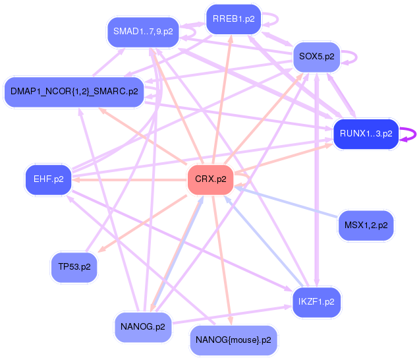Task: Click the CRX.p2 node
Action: click(x=211, y=179)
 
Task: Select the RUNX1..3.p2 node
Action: click(x=366, y=134)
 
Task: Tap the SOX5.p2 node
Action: click(x=316, y=57)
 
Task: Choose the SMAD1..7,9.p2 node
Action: click(x=143, y=31)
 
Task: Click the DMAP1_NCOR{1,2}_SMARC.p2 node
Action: click(x=74, y=91)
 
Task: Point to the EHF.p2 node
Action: click(x=48, y=179)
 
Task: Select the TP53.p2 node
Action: click(x=74, y=267)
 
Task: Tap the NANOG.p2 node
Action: click(x=143, y=326)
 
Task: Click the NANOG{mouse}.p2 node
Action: click(x=233, y=340)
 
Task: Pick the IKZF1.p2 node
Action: click(x=316, y=302)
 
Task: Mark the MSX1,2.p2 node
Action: click(x=365, y=226)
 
